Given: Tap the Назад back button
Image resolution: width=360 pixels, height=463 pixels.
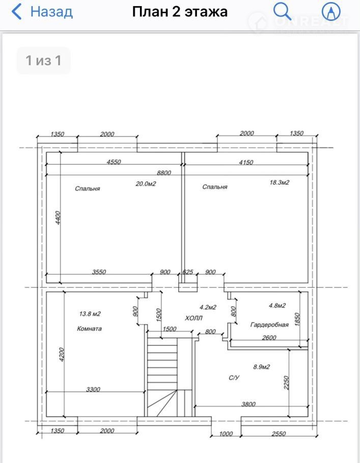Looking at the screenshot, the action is (42, 12).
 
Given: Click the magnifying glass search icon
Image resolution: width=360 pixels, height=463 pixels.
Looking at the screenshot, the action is (282, 12).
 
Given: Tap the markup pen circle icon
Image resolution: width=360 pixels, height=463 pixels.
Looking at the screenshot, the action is (331, 12).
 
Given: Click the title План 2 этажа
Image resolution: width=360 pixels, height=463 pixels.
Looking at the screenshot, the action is (180, 12).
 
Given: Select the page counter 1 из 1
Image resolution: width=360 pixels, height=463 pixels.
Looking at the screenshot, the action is (43, 60).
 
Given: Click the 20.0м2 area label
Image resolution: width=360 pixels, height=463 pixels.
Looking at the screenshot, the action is (146, 184).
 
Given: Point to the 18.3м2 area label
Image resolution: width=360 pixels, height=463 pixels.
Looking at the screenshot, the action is (280, 183).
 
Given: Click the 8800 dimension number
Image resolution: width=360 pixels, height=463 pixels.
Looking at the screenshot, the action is (164, 173).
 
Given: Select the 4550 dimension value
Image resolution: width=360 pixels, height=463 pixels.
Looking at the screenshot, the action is (114, 162).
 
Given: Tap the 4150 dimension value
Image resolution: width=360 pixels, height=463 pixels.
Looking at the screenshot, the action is (246, 162).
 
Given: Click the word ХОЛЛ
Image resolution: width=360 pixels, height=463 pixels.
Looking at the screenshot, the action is (194, 318).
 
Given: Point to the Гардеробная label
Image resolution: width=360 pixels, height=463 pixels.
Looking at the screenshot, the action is (269, 325).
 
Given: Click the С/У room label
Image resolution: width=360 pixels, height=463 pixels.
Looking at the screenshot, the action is (234, 378).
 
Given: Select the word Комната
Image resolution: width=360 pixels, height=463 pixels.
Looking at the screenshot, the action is (89, 329).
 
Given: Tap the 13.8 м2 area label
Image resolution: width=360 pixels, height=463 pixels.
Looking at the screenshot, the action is (90, 313).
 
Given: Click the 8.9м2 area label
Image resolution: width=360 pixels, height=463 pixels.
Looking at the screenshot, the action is (262, 367).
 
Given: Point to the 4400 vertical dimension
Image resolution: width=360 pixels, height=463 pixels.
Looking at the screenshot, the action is (58, 218).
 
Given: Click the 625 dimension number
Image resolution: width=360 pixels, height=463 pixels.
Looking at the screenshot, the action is (188, 272).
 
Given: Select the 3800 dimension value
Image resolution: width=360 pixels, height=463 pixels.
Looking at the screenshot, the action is (248, 404).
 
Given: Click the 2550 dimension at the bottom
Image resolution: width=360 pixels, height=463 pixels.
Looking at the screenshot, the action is (279, 434).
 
